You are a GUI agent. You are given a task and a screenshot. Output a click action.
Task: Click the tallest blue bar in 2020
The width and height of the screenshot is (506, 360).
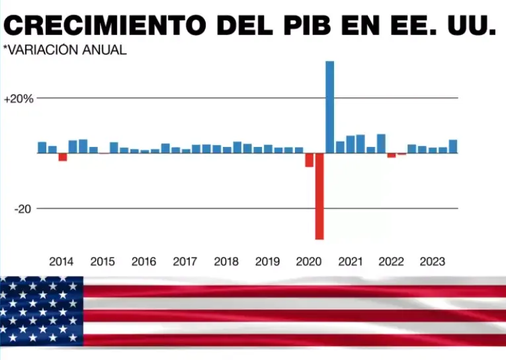[329, 107]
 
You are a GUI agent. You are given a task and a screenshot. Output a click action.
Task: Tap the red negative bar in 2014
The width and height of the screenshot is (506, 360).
[63, 157]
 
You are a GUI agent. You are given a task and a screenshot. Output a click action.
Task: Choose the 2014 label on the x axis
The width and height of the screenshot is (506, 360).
[62, 261]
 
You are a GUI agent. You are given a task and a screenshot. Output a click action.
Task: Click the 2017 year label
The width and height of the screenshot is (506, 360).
[185, 261]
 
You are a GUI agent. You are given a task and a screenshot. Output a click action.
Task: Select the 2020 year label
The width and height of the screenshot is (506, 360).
[309, 261]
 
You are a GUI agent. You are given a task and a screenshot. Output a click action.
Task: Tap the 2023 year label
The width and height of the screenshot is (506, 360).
[433, 261]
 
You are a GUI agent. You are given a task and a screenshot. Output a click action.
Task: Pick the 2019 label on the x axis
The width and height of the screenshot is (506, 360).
[267, 261]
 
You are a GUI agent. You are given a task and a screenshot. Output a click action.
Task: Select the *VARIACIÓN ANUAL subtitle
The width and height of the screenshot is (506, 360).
[64, 50]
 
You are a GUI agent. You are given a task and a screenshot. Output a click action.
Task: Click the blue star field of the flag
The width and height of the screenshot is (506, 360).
[42, 311]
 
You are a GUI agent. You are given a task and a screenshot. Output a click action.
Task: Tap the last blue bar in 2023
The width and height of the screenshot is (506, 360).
[453, 146]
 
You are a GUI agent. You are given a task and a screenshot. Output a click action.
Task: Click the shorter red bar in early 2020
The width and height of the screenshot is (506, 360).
[309, 159]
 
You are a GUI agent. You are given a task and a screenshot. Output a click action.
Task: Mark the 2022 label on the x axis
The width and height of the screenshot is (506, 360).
[391, 261]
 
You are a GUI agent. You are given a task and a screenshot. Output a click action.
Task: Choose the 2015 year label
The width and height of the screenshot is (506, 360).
[103, 261]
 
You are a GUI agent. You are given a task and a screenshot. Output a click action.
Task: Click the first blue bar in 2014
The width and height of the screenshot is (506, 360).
[42, 148]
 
